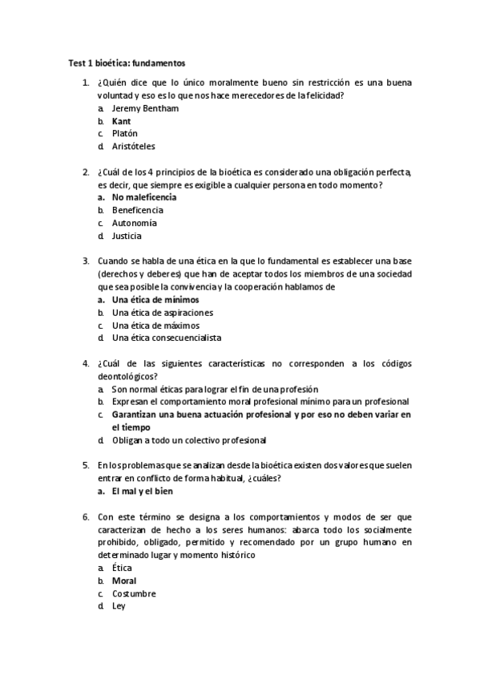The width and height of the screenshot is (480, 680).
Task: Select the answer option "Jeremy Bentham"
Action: tap(145, 108)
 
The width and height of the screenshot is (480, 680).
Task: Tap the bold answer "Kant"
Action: tap(121, 121)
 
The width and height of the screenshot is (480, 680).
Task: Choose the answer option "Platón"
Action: tap(125, 134)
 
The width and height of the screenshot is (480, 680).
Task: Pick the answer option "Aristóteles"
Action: tap(134, 147)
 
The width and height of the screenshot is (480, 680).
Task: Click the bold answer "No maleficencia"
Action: tap(144, 197)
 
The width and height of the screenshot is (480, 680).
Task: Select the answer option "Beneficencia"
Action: tap(137, 210)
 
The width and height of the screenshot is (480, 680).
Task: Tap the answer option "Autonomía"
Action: tap(134, 223)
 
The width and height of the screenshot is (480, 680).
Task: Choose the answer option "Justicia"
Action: tap(127, 236)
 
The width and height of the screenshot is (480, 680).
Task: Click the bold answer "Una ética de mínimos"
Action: tap(155, 300)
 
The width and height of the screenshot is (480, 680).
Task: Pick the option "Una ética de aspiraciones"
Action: tap(163, 313)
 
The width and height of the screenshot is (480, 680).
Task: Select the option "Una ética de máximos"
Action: tap(155, 326)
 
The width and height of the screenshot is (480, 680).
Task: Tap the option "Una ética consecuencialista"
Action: tap(167, 338)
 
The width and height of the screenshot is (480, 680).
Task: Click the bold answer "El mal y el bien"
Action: tap(143, 492)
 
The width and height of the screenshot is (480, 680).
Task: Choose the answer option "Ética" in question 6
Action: tap(122, 568)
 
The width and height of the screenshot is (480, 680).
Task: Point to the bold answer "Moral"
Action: tap(124, 581)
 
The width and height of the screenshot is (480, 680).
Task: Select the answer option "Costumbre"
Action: tap(134, 593)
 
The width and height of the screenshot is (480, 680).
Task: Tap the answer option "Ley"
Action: tap(119, 606)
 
